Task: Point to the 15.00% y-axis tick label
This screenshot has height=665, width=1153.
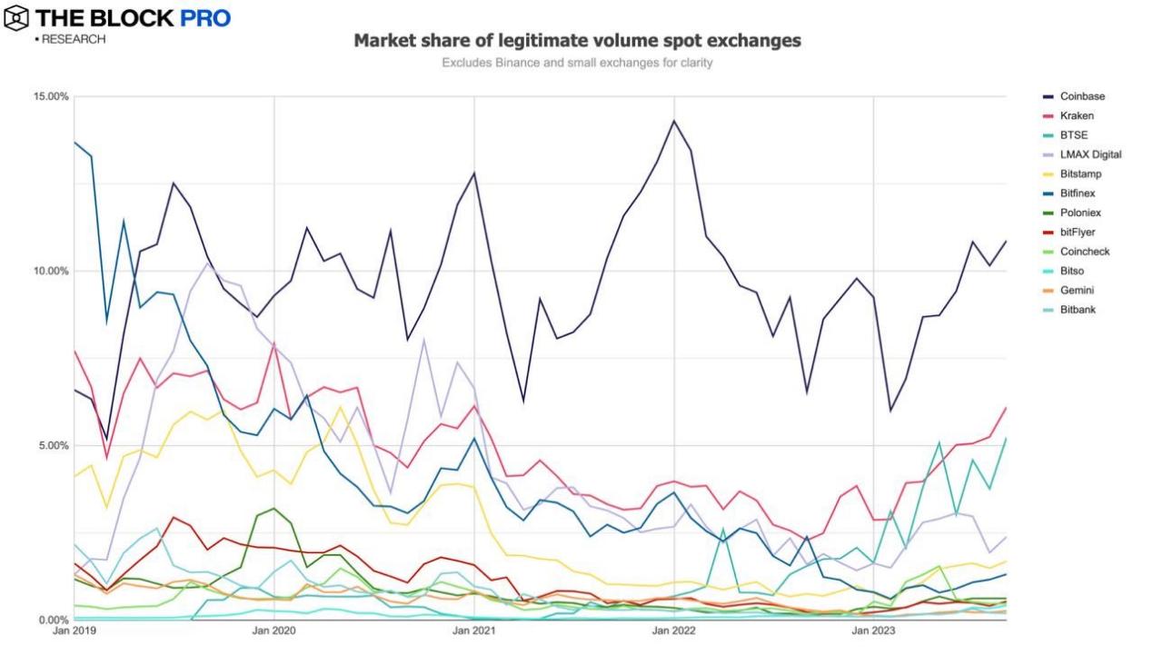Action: point(51,96)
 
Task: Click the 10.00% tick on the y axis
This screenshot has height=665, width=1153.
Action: point(51,271)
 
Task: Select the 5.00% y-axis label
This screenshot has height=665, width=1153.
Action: point(53,445)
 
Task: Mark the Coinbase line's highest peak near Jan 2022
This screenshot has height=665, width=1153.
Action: point(673,121)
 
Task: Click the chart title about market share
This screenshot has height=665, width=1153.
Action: point(577,42)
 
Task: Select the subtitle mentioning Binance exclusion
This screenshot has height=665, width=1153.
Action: point(577,63)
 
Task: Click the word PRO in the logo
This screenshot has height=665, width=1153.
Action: point(201,17)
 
